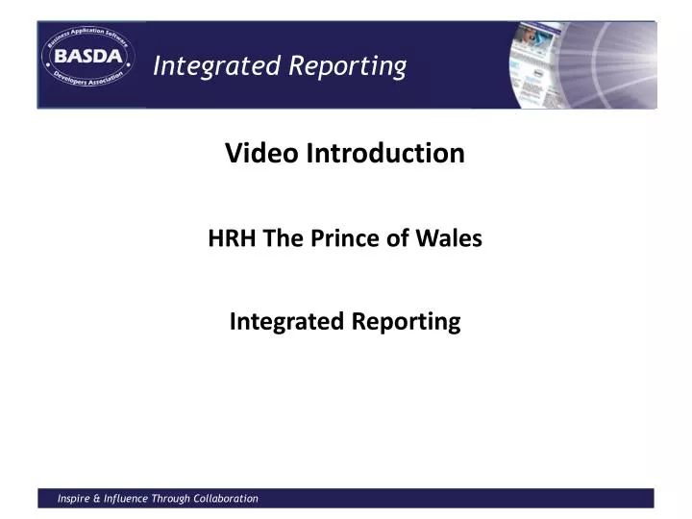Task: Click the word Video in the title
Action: pos(261,153)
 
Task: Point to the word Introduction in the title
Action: pos(384,153)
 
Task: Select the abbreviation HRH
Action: pos(227,240)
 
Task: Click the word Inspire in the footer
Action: pos(74,498)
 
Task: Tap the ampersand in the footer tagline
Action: pos(99,498)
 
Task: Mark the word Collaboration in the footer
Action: pos(229,498)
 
